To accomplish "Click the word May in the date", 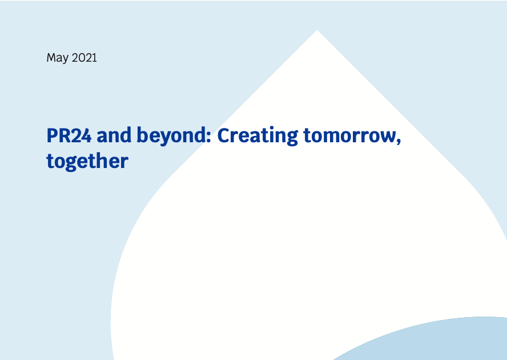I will click(x=58, y=58).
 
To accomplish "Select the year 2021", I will click(x=84, y=58).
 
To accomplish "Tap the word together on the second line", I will click(x=87, y=162).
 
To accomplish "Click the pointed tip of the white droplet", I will click(x=317, y=31).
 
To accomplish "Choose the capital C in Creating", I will click(x=225, y=136).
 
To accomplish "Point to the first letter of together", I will click(x=50, y=161).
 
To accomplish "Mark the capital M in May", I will click(x=51, y=58).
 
